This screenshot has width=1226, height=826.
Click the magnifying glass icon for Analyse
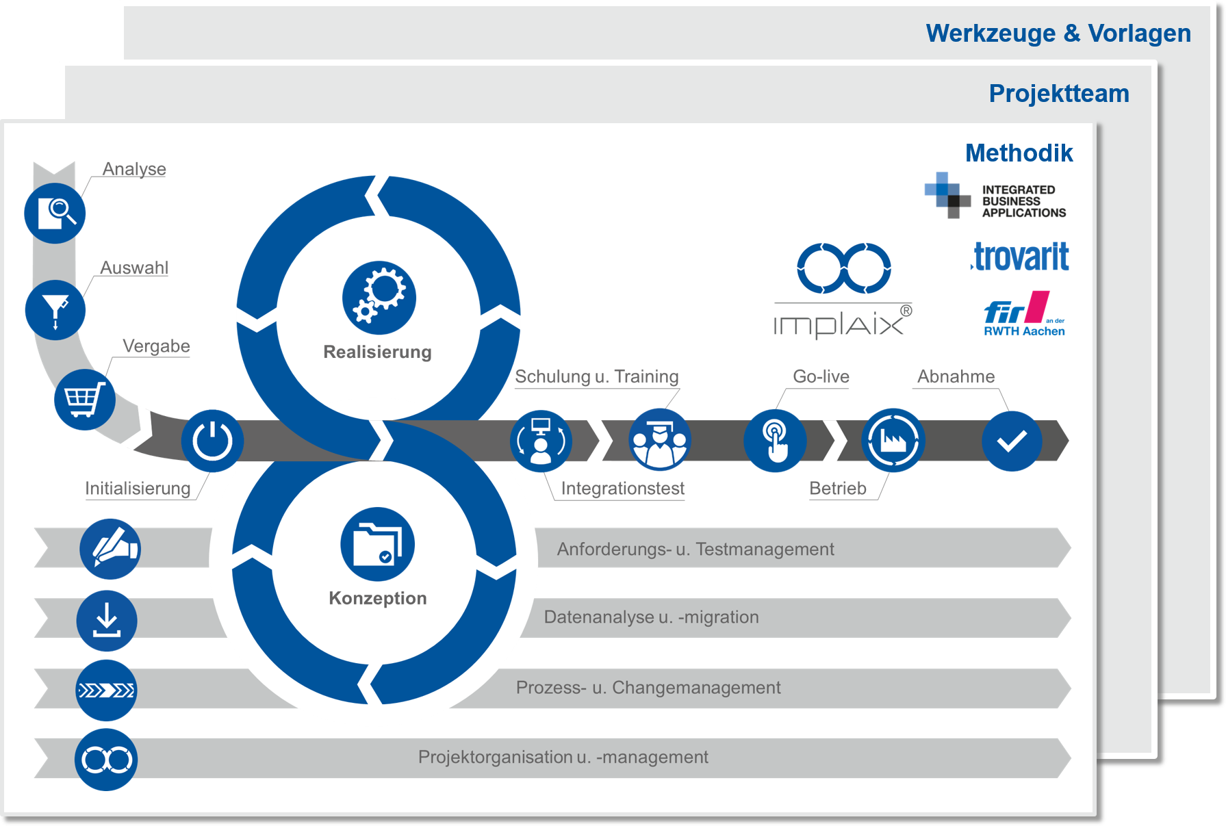pyautogui.click(x=55, y=214)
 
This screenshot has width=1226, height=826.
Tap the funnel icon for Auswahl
pyautogui.click(x=55, y=310)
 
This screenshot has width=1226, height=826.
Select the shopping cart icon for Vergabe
pyautogui.click(x=84, y=400)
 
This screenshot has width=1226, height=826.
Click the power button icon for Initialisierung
pyautogui.click(x=212, y=441)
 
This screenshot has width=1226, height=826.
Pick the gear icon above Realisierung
pyautogui.click(x=379, y=298)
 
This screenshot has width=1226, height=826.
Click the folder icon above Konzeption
pyautogui.click(x=377, y=544)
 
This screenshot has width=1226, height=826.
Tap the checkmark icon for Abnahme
pyautogui.click(x=1012, y=441)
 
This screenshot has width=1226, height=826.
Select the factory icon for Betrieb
pyautogui.click(x=893, y=440)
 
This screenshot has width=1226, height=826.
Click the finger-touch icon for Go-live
pyautogui.click(x=775, y=441)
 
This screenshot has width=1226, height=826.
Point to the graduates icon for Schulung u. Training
pyautogui.click(x=659, y=440)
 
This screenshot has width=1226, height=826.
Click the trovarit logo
pyautogui.click(x=1020, y=257)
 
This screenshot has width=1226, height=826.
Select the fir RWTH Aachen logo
pyautogui.click(x=1024, y=314)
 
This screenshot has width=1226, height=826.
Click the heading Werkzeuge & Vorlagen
pyautogui.click(x=1058, y=33)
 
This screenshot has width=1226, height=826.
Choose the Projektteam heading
pyautogui.click(x=1059, y=93)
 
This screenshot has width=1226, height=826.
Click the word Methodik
pyautogui.click(x=1019, y=153)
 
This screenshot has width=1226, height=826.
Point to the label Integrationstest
pyautogui.click(x=622, y=488)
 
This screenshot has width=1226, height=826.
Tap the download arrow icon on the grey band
pyautogui.click(x=107, y=621)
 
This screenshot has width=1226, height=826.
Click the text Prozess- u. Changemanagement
pyautogui.click(x=648, y=687)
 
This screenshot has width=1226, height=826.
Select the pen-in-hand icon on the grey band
pyautogui.click(x=110, y=549)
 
